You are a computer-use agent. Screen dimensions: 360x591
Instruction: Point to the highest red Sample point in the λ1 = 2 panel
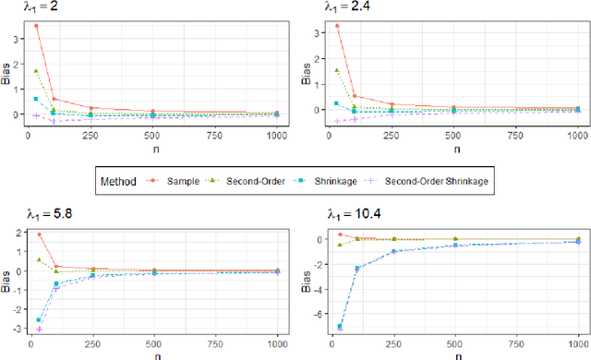[x=36, y=26]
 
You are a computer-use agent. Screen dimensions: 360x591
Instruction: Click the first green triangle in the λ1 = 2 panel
[x=36, y=71]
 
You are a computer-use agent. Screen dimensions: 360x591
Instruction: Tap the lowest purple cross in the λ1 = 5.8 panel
[x=39, y=329]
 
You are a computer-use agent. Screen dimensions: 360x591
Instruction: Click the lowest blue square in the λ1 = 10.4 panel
[x=339, y=326]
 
